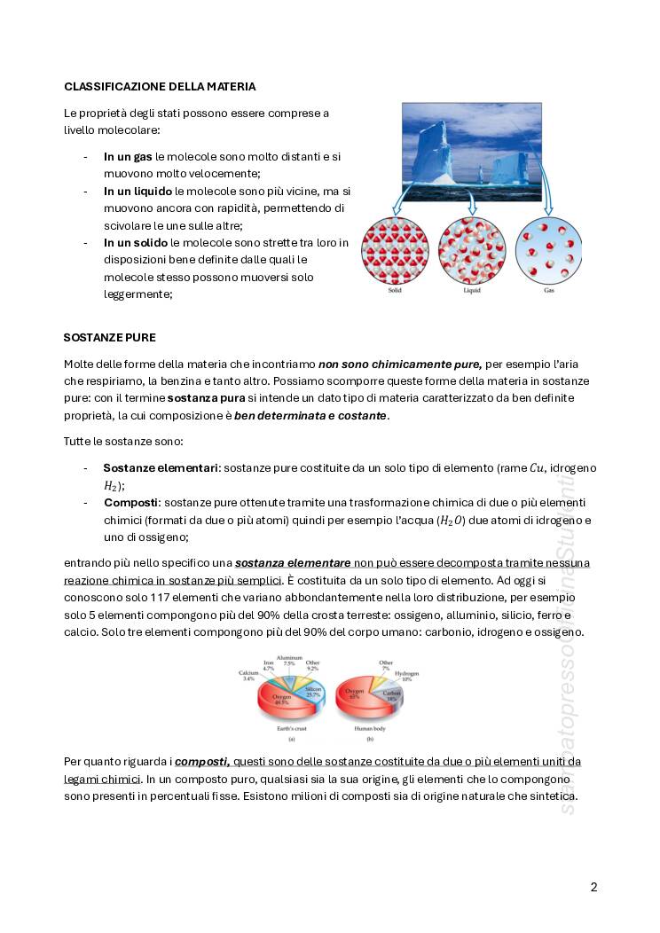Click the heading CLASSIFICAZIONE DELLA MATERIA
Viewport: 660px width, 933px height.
(x=160, y=86)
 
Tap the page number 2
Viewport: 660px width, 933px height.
(x=593, y=886)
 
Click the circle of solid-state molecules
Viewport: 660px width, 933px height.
(x=395, y=250)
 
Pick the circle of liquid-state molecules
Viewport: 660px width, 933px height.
(x=472, y=250)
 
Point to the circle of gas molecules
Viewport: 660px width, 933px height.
(x=548, y=250)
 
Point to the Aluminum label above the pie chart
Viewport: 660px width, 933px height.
(x=290, y=657)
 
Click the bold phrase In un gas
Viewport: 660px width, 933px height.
(x=128, y=156)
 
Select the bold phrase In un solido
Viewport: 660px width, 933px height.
(x=136, y=242)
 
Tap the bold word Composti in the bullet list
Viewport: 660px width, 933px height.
(x=131, y=502)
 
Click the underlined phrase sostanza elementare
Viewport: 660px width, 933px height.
(x=293, y=562)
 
